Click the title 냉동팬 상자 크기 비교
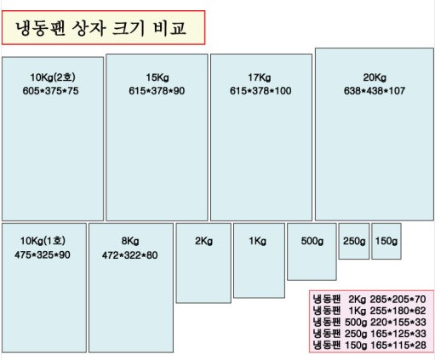pos(100,28)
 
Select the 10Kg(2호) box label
pos(53,77)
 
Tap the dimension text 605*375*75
pos(50,91)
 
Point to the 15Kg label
pos(157,77)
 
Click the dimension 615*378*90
pos(157,91)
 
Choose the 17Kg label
pos(260,77)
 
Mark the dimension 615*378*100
pos(260,91)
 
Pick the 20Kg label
pos(375,77)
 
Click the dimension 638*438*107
pos(375,91)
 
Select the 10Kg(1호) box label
pos(43,241)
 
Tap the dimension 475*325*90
pos(43,254)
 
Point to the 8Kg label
pos(130,241)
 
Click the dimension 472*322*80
pos(130,255)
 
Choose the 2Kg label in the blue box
pos(203,241)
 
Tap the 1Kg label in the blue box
pos(258,241)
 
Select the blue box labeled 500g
pos(312,252)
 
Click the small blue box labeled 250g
pos(354,241)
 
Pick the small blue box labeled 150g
pos(386,241)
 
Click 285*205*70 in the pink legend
pos(398,300)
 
